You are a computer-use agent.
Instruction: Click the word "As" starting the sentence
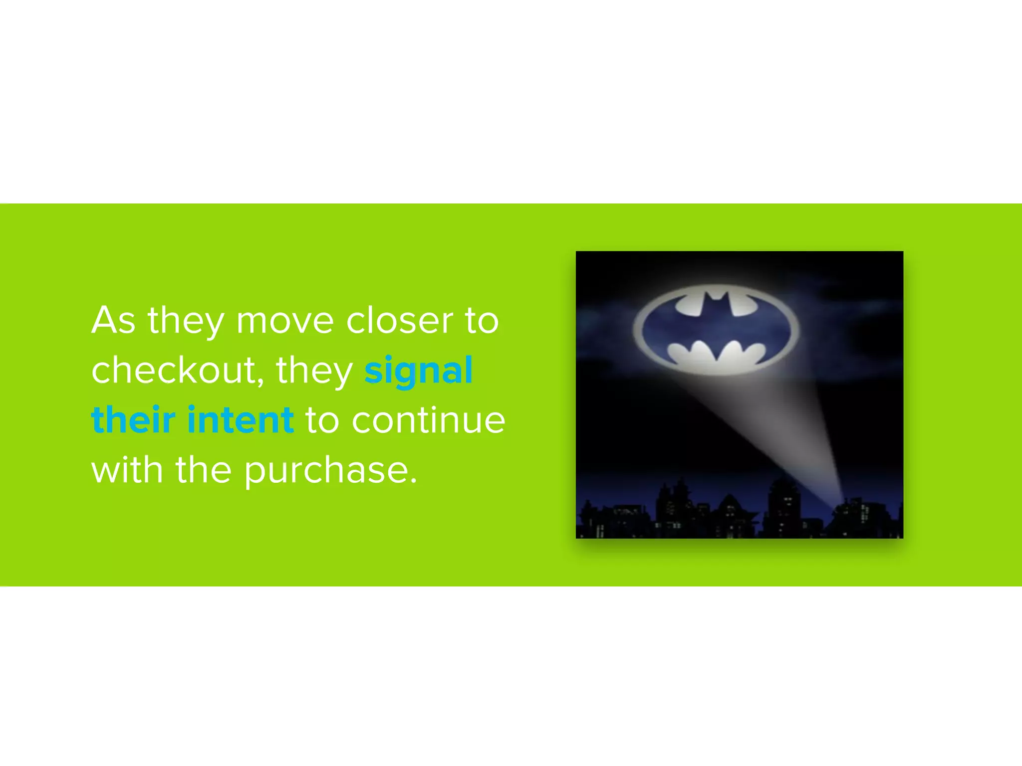(x=113, y=320)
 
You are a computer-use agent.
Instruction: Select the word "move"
(x=285, y=320)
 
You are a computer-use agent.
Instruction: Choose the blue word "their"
(x=133, y=420)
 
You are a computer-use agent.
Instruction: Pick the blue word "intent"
(x=241, y=420)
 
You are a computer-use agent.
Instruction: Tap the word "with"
(x=127, y=470)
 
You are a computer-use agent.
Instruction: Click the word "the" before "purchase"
(x=203, y=470)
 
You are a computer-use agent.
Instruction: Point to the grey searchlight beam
(x=788, y=429)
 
